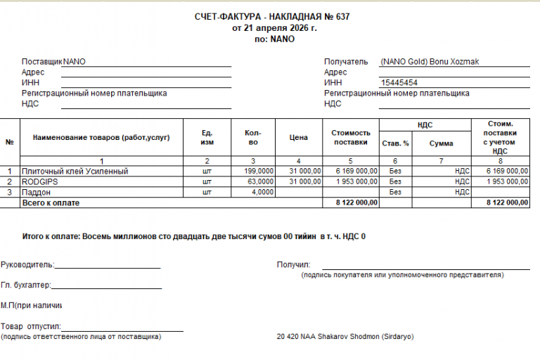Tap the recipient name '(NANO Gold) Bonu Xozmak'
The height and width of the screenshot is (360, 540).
(429, 61)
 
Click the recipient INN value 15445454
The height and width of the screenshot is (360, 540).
(399, 83)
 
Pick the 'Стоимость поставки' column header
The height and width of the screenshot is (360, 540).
(350, 137)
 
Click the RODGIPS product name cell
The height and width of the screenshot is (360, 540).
(41, 181)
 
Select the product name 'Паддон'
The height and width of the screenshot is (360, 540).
(37, 192)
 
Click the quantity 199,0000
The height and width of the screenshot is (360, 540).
(259, 171)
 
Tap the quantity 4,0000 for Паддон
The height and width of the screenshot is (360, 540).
(263, 192)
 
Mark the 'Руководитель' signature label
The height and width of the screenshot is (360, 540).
(27, 265)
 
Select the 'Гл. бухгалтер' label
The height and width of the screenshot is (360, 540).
(26, 285)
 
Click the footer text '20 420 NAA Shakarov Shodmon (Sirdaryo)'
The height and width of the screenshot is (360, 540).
(346, 337)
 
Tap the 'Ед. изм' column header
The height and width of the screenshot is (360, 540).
(207, 137)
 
